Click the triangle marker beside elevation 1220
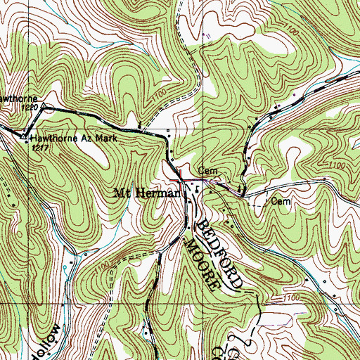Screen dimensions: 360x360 pyautogui.click(x=44, y=108)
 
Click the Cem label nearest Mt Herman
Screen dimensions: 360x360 pyautogui.click(x=205, y=171)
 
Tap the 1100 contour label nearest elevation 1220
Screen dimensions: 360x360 pyautogui.click(x=158, y=94)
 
